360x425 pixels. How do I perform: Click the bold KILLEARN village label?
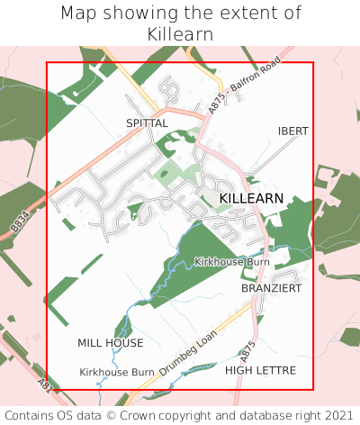pyautogui.click(x=251, y=197)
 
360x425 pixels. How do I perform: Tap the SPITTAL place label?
pyautogui.click(x=147, y=122)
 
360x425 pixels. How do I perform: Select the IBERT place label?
pyautogui.click(x=292, y=131)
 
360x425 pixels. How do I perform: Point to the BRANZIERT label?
pyautogui.click(x=271, y=288)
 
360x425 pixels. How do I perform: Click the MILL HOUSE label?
pyautogui.click(x=110, y=343)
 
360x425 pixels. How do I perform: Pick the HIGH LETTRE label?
pyautogui.click(x=260, y=370)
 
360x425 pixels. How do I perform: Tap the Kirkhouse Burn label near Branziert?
pyautogui.click(x=231, y=261)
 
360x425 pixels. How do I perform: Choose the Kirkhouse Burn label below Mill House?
pyautogui.click(x=117, y=372)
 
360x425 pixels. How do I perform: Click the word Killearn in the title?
pyautogui.click(x=180, y=33)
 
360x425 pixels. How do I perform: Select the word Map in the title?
pyautogui.click(x=78, y=14)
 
